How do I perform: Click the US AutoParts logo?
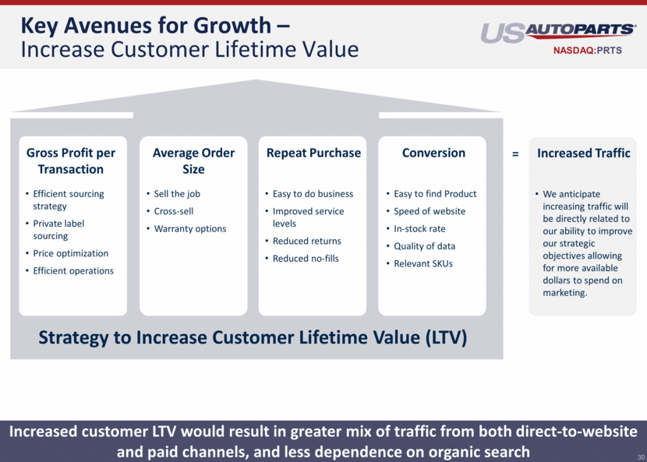point(558,33)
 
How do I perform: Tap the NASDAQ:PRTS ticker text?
point(587,51)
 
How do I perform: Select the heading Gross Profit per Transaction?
point(71,160)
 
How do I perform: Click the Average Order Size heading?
point(193,160)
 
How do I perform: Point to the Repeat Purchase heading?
point(313,153)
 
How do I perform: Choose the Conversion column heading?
point(433,153)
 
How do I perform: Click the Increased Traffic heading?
point(583,153)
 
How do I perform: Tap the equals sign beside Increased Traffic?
point(515,154)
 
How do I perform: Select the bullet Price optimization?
point(71,253)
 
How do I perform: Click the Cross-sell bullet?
point(173,211)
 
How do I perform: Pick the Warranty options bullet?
point(189,229)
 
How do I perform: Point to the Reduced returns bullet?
point(306,241)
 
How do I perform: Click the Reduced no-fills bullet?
point(306,259)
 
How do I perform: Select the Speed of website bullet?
point(430,211)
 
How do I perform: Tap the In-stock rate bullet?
point(419,229)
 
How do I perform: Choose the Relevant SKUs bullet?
point(423,263)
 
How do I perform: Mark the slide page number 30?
point(641,457)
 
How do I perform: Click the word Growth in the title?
point(232,26)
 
